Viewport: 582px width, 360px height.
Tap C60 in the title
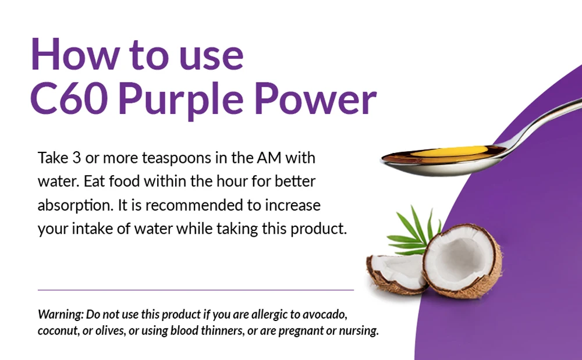coord(70,98)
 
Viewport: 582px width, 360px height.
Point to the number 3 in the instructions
coord(76,158)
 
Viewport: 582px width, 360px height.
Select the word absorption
coord(75,206)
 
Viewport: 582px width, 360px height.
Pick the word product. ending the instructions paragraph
coord(318,230)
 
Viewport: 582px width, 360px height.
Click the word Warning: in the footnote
coord(61,315)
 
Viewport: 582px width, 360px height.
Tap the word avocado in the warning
coord(325,315)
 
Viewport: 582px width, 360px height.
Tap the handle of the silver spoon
coord(538,122)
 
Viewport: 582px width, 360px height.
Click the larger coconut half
coord(463,261)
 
